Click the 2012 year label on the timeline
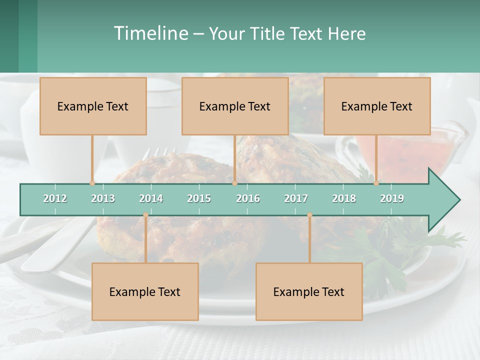(x=55, y=198)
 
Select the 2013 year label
(x=103, y=198)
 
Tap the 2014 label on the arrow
(x=151, y=198)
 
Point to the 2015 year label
(x=199, y=198)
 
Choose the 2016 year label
(x=248, y=198)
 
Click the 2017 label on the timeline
(x=296, y=198)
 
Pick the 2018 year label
(x=344, y=198)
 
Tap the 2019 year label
(x=392, y=198)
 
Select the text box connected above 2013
(x=93, y=106)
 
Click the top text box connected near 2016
(x=235, y=106)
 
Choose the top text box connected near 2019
(x=377, y=106)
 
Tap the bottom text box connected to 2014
(x=145, y=291)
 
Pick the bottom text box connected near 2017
(x=309, y=291)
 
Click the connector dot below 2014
(x=145, y=215)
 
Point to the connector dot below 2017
(x=309, y=215)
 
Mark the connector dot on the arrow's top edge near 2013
(x=92, y=183)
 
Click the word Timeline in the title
(x=150, y=33)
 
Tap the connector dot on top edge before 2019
(x=376, y=183)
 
